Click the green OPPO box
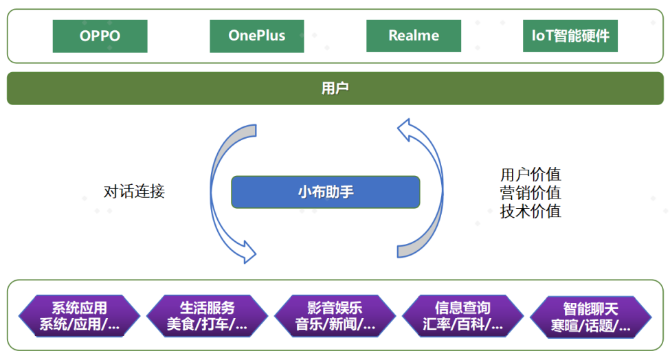(100, 36)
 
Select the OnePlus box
(257, 36)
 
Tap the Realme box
(414, 36)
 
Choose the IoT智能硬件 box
(570, 36)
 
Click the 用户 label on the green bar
(335, 89)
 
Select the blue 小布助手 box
(325, 192)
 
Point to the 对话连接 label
(135, 192)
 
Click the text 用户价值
(531, 175)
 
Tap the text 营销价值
(531, 193)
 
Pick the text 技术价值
(531, 212)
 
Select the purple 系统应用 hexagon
(79, 316)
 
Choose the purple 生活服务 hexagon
(207, 316)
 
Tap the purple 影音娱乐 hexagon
(335, 316)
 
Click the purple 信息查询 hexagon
(462, 316)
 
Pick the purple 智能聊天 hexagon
(590, 317)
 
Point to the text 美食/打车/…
(207, 324)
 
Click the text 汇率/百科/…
(462, 324)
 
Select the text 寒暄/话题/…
(590, 326)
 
